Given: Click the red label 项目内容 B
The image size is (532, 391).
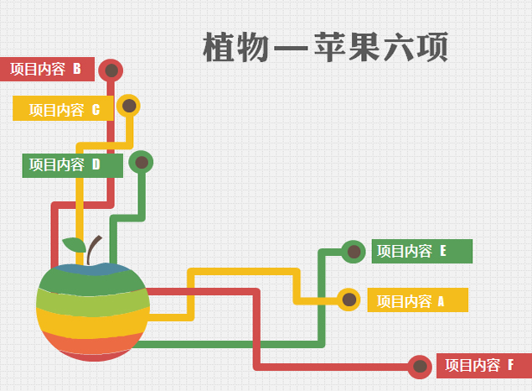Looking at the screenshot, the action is click(47, 70).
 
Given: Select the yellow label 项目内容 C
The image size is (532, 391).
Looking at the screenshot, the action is click(63, 108).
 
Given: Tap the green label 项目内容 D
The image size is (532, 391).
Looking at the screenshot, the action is click(73, 165).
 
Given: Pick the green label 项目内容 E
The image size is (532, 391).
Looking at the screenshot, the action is click(422, 252).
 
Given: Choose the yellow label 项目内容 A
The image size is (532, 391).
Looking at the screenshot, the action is click(418, 300).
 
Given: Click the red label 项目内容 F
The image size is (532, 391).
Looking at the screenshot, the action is click(484, 366).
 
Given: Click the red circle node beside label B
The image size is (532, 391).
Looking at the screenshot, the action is click(111, 70).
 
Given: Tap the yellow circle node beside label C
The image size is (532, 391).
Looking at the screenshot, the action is click(128, 106).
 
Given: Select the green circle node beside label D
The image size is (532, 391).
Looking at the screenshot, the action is click(141, 163).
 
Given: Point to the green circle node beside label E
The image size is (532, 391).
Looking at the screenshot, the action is click(354, 252).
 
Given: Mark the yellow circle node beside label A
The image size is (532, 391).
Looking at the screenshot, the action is click(349, 300).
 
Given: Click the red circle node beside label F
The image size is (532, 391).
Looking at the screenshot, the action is click(420, 367).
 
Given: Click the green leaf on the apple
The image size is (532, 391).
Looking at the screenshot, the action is click(75, 245).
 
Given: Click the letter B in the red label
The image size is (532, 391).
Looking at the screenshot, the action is click(77, 69).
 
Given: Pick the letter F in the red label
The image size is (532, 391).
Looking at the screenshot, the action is click(510, 365).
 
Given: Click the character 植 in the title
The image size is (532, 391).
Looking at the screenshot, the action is click(220, 47).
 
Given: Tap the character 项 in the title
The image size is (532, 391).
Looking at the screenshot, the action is click(432, 47).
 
